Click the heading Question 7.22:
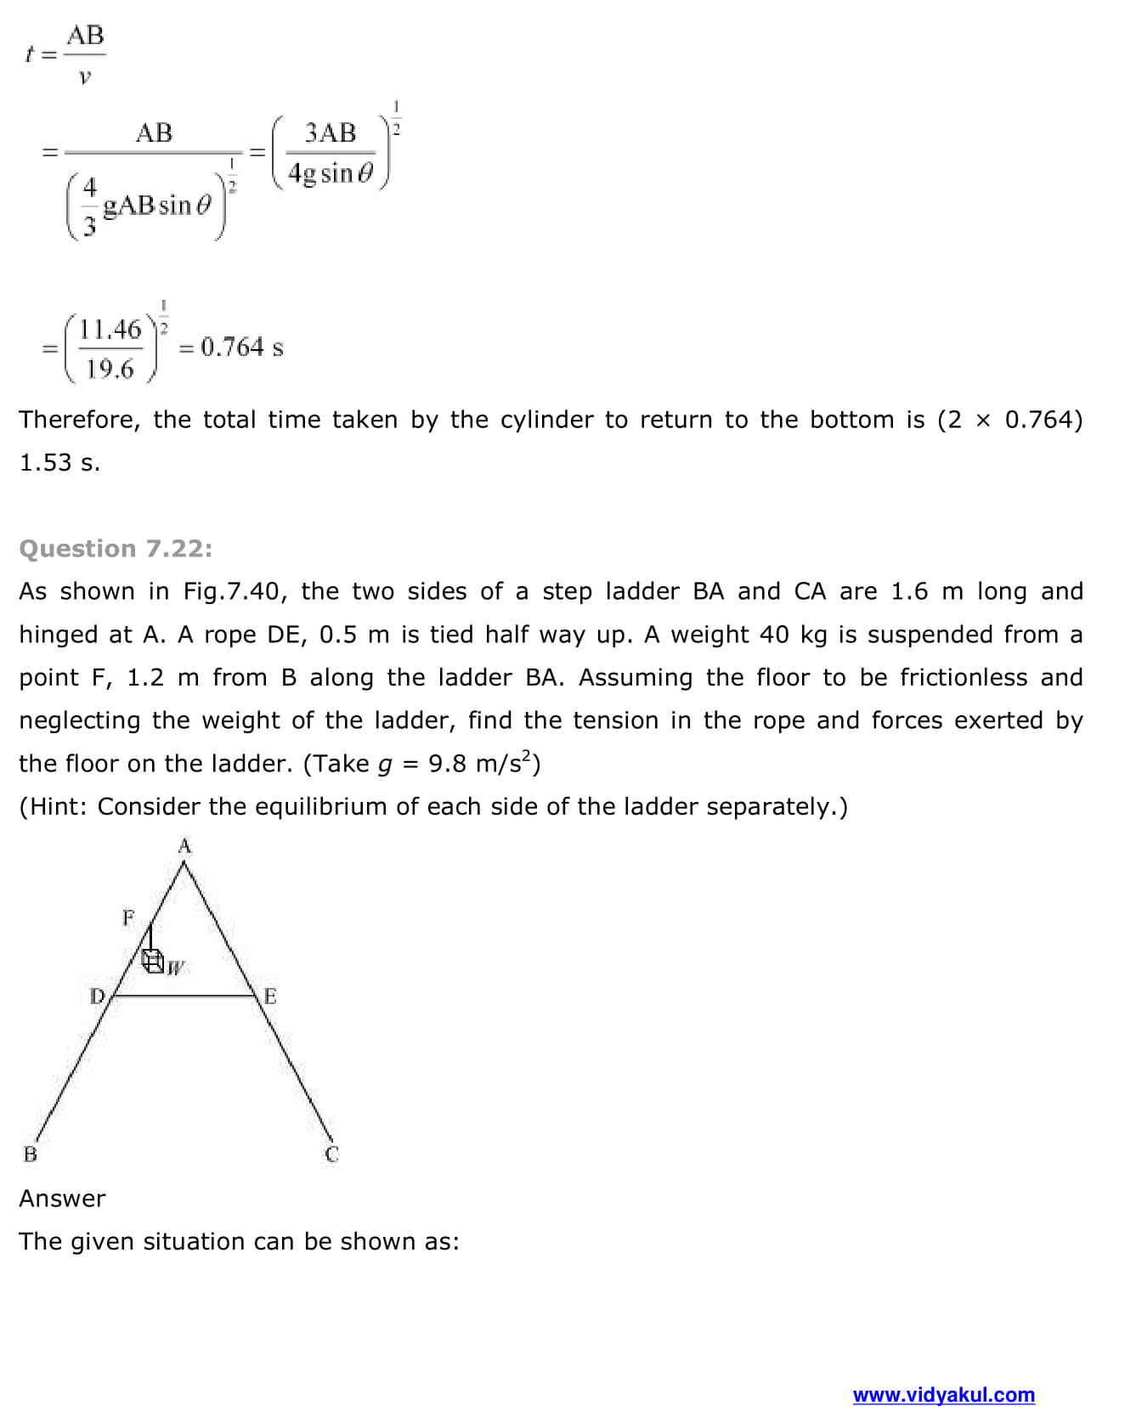point(116,549)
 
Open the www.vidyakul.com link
point(943,1395)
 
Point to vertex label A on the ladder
point(185,846)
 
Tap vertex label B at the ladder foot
point(31,1154)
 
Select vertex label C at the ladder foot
point(331,1154)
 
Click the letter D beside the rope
point(97,996)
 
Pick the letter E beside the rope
point(270,996)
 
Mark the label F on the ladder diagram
point(128,917)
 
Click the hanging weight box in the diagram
point(154,962)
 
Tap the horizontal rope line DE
point(184,995)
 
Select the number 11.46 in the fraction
point(110,329)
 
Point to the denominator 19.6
point(110,369)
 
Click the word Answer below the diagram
point(62,1199)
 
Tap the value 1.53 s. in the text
point(59,463)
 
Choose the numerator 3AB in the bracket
point(330,133)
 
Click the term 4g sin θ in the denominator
point(331,173)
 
